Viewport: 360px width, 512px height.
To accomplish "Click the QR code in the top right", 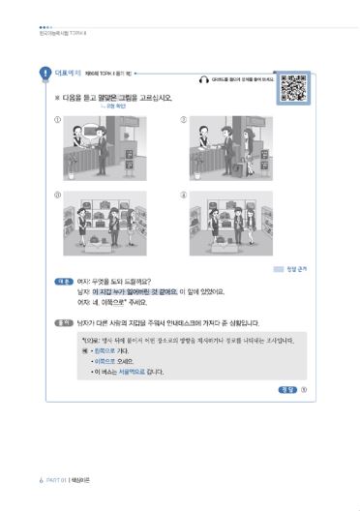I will pyautogui.click(x=295, y=89).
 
